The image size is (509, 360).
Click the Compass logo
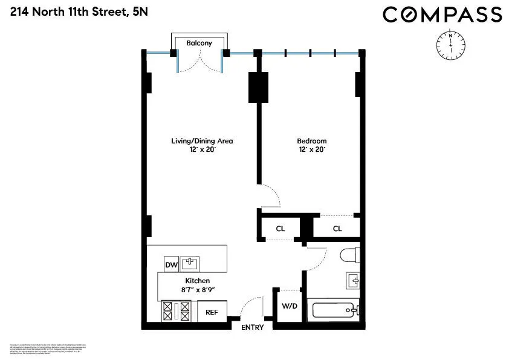point(442,15)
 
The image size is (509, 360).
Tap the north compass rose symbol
point(450,44)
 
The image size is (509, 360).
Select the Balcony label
point(199,43)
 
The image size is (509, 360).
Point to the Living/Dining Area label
point(201,141)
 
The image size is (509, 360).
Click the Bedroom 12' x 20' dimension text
point(312,149)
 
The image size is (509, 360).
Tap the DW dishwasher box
point(172,264)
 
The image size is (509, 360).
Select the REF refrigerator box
point(212,312)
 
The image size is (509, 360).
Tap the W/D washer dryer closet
point(290,306)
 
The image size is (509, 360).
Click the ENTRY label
point(252,327)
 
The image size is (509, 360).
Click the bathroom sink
point(353,281)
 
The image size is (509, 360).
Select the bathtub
point(334,311)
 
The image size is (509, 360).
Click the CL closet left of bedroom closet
point(280,228)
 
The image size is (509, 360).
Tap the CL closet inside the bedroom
point(337,228)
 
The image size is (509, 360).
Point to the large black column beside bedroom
point(258,87)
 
